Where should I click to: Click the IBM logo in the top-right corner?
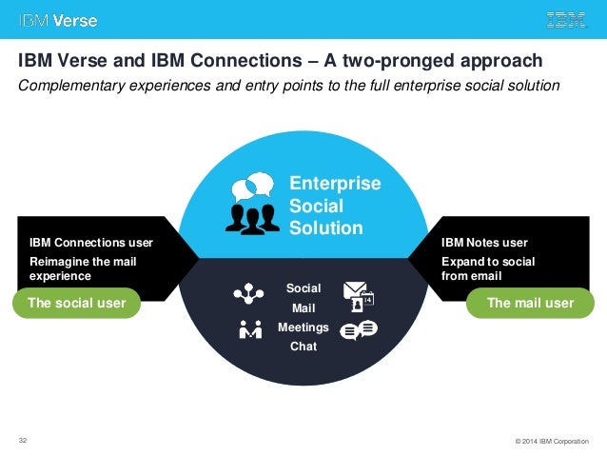point(566,19)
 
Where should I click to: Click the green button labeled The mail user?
point(530,303)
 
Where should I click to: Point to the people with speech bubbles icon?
point(252,202)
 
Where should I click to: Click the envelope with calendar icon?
point(359,295)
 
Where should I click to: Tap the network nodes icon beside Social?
point(250,294)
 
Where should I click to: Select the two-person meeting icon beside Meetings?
point(250,330)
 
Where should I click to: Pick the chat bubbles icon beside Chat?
point(359,330)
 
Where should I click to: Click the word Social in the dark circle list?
point(303,287)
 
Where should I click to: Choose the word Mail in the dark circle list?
point(303,308)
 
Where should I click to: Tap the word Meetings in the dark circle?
point(303,327)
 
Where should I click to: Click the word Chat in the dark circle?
point(303,347)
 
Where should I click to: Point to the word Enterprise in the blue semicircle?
point(334,184)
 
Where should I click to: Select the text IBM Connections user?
point(90,243)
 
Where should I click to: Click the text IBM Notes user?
point(483,243)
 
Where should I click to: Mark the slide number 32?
point(23,440)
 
